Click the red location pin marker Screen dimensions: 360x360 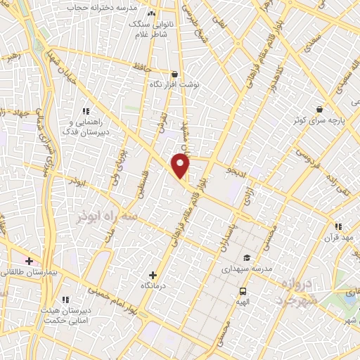(181, 166)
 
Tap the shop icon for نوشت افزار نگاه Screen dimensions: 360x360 (174, 74)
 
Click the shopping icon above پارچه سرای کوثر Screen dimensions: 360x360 (320, 110)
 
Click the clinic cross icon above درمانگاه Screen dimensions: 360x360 (153, 274)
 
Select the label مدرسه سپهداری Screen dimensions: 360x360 (246, 269)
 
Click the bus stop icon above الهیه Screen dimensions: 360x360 (243, 290)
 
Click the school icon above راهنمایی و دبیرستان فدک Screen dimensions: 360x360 (86, 111)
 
